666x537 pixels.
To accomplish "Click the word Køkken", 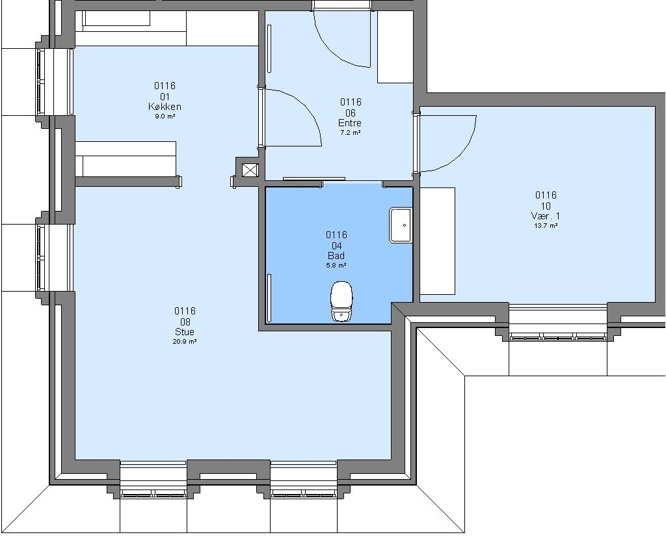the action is [165, 107].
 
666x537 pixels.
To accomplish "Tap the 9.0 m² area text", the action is [165, 116].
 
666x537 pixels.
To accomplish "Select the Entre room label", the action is [350, 123].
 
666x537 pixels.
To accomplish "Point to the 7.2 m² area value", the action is [351, 133].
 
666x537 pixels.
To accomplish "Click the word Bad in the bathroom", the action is [336, 256].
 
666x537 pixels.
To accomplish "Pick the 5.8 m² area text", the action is [336, 266].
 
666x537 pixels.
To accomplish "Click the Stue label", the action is [185, 332].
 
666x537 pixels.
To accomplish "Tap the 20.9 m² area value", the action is [185, 342].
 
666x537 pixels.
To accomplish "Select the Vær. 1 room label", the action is [546, 216].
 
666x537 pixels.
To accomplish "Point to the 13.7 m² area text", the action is [546, 226].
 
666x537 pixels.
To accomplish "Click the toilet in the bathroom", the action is [341, 301].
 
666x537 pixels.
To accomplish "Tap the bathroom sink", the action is [401, 225].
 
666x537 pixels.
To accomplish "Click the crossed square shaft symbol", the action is [250, 171].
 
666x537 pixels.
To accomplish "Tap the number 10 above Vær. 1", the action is [546, 206].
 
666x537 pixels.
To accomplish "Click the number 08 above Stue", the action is [185, 322].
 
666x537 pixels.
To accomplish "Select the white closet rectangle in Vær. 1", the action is [438, 241].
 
